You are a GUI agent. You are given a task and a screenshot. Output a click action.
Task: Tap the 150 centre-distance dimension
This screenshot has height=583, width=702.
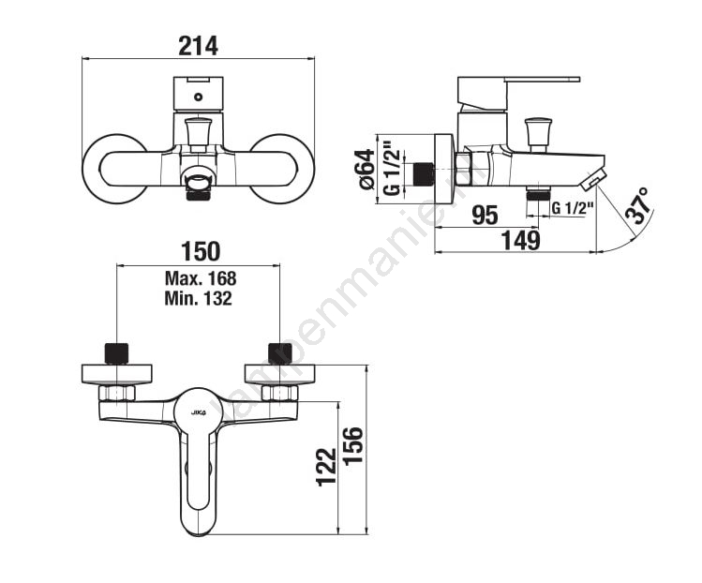pyautogui.click(x=200, y=250)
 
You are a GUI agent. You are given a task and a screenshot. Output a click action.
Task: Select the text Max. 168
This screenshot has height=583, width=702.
pyautogui.click(x=201, y=278)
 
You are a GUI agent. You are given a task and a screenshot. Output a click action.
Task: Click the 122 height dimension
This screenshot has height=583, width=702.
pyautogui.click(x=325, y=466)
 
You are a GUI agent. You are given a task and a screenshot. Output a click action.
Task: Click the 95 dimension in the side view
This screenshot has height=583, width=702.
pyautogui.click(x=485, y=216)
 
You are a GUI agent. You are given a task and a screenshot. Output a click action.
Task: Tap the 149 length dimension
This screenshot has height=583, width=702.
pyautogui.click(x=521, y=241)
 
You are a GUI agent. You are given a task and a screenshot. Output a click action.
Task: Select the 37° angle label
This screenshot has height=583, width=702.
pyautogui.click(x=638, y=205)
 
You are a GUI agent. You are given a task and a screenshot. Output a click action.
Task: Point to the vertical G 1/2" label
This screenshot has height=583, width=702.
pyautogui.click(x=393, y=169)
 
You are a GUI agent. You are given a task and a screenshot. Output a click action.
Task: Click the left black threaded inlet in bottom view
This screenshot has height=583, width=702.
pyautogui.click(x=116, y=353)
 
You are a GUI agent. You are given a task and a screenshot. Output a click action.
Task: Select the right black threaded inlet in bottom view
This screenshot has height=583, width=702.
pyautogui.click(x=279, y=353)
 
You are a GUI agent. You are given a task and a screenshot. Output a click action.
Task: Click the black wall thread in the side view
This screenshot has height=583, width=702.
pyautogui.click(x=424, y=173)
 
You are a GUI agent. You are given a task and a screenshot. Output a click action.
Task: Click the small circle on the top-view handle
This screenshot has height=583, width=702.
pyautogui.click(x=199, y=96)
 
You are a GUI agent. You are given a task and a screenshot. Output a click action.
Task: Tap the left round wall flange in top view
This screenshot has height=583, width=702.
pyautogui.click(x=114, y=168)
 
